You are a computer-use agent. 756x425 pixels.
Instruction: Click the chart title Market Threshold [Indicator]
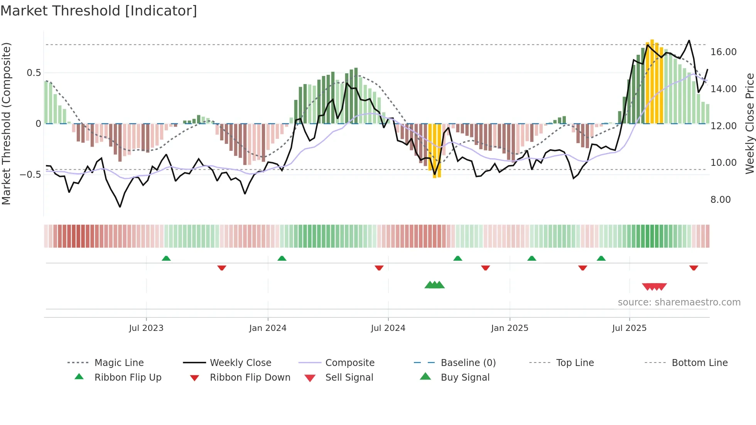tap(99, 11)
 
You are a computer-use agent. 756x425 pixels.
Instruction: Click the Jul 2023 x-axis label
tap(146, 328)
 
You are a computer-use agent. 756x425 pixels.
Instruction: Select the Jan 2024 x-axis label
tap(268, 328)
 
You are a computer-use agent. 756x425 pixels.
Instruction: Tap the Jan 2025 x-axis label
tap(510, 328)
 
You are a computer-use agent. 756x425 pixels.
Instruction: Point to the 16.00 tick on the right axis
tap(723, 52)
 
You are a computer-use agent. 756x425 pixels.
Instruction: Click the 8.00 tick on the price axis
tap(721, 200)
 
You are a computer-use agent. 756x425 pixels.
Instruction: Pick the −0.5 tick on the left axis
tap(30, 175)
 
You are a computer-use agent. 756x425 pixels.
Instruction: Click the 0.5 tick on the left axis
tap(34, 73)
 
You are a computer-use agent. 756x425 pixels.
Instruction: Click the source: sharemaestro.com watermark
tap(679, 302)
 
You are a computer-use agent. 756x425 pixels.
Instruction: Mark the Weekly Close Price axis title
tap(749, 123)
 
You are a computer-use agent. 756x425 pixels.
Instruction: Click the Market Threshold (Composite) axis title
tap(6, 123)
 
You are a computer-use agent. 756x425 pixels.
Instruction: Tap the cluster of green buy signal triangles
tap(434, 285)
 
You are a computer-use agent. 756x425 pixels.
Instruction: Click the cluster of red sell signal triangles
tap(654, 287)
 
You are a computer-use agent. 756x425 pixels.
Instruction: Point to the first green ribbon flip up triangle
tap(166, 258)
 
